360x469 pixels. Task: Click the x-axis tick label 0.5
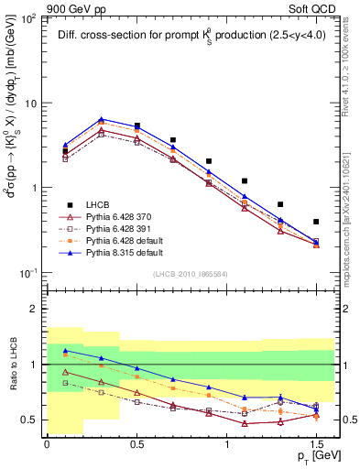pyautogui.click(x=136, y=442)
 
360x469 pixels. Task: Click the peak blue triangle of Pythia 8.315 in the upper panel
pyautogui.click(x=101, y=119)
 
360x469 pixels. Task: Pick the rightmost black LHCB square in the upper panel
pyautogui.click(x=316, y=222)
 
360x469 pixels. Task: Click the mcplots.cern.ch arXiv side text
pyautogui.click(x=352, y=211)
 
